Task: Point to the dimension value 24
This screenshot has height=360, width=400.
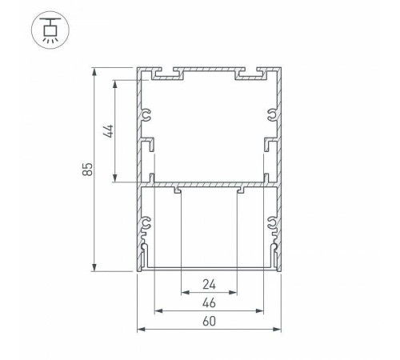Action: [210, 283]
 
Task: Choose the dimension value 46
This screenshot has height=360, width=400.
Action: [210, 302]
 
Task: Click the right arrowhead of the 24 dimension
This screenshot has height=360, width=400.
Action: [235, 290]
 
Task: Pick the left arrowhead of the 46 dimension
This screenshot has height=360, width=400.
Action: [158, 310]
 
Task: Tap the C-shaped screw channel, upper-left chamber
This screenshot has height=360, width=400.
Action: [147, 116]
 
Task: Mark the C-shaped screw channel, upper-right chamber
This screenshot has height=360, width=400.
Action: [272, 116]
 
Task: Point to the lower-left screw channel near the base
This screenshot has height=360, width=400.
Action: [146, 227]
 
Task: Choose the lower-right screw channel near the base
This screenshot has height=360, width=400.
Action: [273, 227]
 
